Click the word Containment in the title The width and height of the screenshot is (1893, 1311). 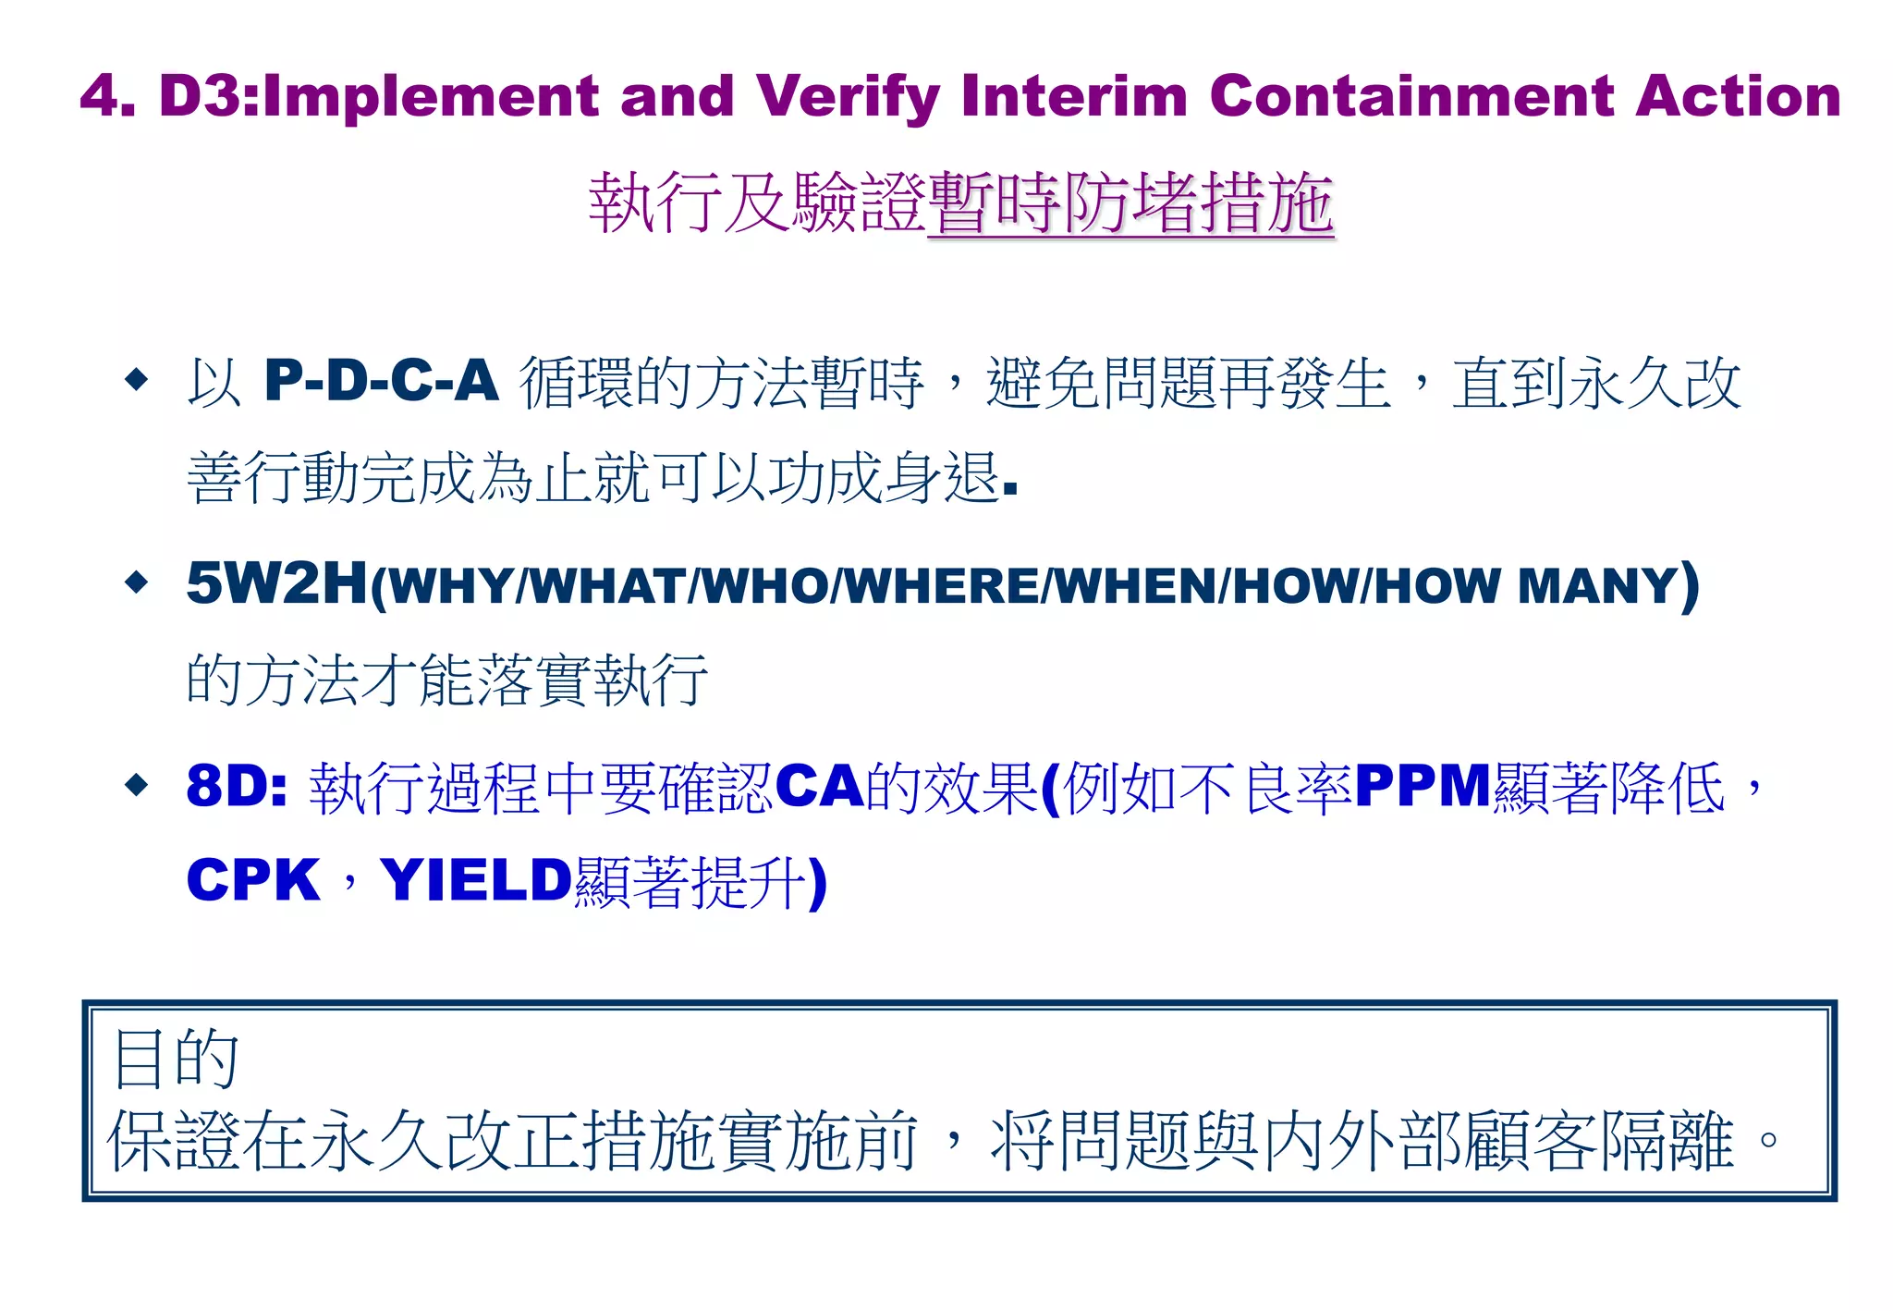click(1411, 96)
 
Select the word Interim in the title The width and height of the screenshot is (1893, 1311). click(1074, 96)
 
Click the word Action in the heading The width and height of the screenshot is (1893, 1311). click(1738, 96)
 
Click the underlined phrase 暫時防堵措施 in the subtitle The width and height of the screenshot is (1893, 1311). click(1130, 203)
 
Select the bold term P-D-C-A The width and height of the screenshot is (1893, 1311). click(381, 381)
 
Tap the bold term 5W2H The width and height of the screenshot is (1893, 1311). click(276, 583)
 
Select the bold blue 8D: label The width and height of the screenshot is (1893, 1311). click(237, 787)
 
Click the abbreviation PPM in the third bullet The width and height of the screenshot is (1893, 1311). click(1423, 787)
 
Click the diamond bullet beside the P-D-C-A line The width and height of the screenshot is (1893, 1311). click(137, 379)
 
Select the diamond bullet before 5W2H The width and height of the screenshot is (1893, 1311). click(137, 582)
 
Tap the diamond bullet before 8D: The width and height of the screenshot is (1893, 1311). click(137, 786)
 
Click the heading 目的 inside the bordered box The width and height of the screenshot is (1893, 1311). click(176, 1059)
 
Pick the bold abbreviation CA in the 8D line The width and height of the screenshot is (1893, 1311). click(820, 787)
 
